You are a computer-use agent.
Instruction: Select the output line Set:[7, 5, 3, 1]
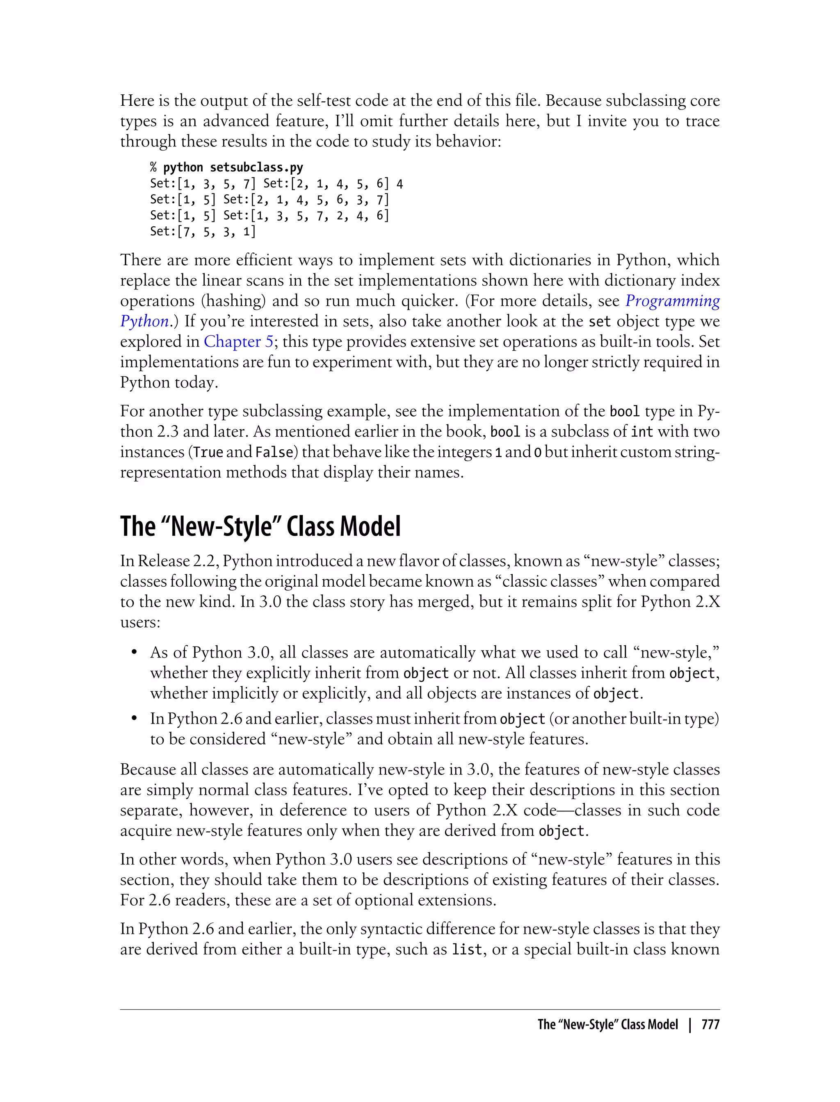tap(203, 231)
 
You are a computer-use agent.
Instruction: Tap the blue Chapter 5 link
tap(238, 342)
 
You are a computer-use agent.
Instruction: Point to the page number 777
tap(710, 1025)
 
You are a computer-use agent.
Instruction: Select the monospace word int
tap(642, 432)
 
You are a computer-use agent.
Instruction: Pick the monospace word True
tap(208, 452)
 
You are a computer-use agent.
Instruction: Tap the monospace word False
tap(274, 452)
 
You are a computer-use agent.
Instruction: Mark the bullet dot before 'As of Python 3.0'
tap(134, 653)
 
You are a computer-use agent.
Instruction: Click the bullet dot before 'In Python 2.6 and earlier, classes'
tap(134, 719)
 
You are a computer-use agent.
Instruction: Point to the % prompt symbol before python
tap(153, 167)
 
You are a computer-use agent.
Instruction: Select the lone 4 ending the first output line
tap(399, 184)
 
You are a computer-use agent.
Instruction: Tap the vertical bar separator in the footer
tap(690, 1025)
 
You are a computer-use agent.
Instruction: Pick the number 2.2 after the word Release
tap(203, 561)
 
